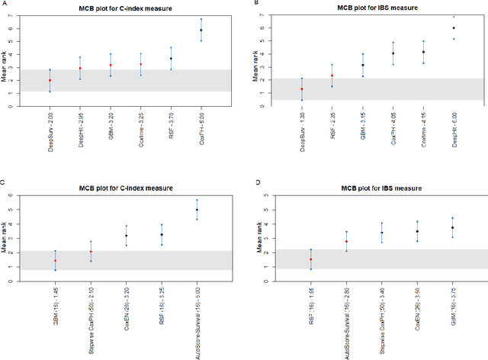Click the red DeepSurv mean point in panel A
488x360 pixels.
(50, 80)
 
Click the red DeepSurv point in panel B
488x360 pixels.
(301, 89)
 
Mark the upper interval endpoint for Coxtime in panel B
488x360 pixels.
(423, 41)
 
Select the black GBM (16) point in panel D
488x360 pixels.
(452, 227)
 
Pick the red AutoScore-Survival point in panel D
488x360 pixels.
(346, 242)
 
